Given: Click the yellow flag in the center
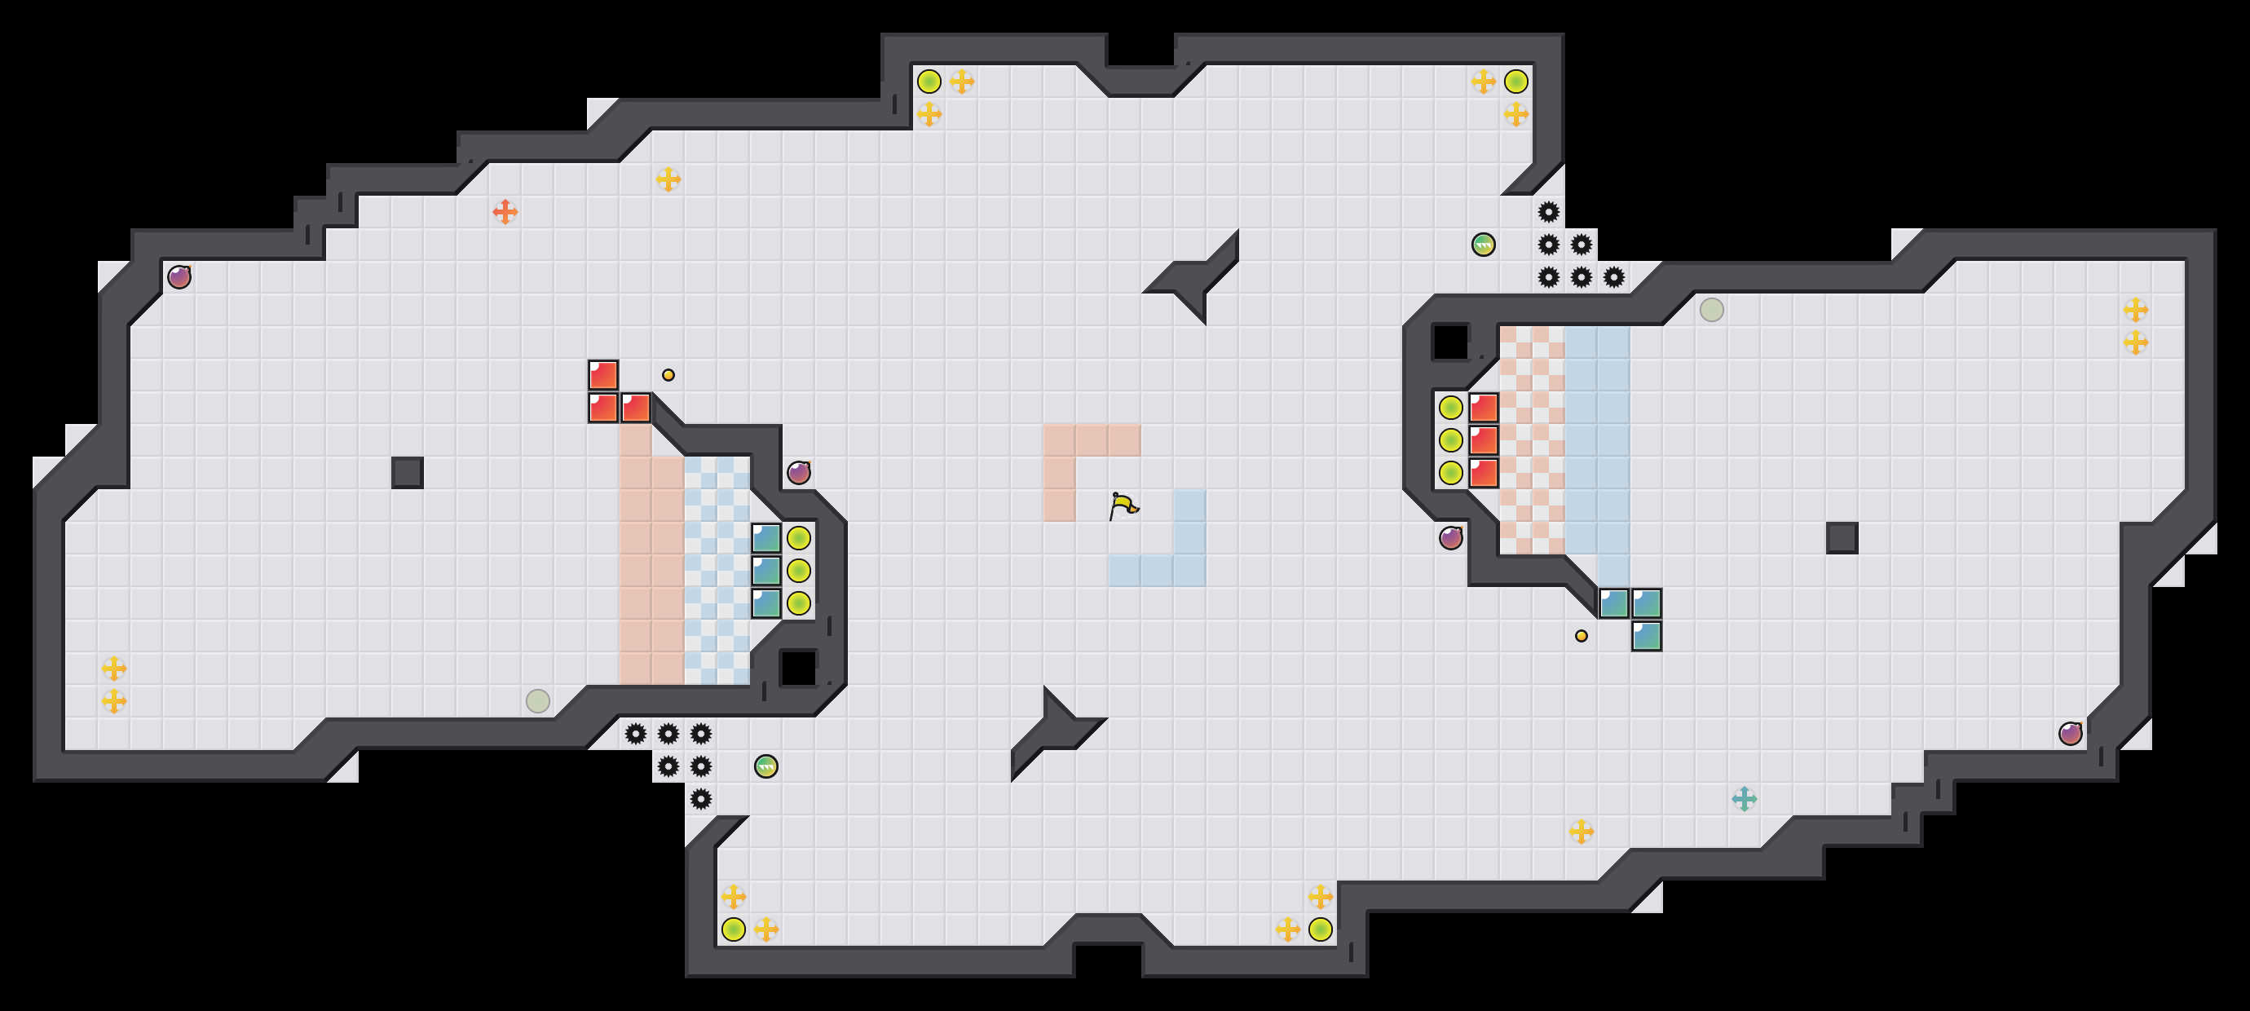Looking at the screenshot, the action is tap(1123, 505).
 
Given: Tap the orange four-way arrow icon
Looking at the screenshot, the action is tap(505, 211).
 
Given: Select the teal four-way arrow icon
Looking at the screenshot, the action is tap(1745, 799).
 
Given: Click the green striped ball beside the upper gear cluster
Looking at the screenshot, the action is tap(1483, 245).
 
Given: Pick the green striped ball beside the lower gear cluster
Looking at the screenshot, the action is tap(766, 766).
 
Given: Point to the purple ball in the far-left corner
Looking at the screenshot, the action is tap(179, 277).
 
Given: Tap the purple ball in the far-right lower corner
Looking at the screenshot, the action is tap(2070, 733).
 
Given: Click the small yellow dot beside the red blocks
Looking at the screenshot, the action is tap(668, 375).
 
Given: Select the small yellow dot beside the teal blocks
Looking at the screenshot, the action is tap(1581, 636).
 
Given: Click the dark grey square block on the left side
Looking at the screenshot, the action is tap(407, 473).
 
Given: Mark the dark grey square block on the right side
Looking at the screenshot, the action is tap(1842, 538).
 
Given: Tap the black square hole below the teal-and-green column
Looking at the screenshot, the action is tap(797, 669).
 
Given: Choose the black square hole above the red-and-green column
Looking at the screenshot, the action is tap(1451, 342).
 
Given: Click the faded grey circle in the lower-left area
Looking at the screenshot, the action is tap(538, 701).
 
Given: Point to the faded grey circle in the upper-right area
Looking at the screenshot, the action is tap(1712, 309).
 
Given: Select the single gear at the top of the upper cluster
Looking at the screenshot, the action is tap(1549, 211).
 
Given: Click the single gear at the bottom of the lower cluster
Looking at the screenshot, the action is tap(700, 799).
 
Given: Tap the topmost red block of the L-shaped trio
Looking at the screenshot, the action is tap(602, 375).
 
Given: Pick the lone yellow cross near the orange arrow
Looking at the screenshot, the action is tap(668, 179).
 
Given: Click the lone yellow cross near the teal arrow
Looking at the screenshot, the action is tap(1581, 831).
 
